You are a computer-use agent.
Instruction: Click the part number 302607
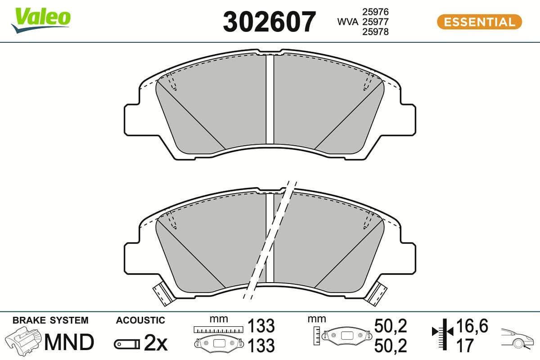point(270,22)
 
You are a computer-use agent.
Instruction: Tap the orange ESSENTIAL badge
point(479,22)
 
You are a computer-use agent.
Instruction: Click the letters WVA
point(348,21)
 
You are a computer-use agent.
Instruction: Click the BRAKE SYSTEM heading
point(50,320)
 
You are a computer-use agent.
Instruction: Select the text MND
point(69,342)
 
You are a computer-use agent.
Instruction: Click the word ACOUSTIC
point(140,320)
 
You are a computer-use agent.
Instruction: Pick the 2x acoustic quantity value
point(155,344)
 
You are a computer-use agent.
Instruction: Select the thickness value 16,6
point(472,325)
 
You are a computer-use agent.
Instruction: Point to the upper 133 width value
point(261,325)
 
